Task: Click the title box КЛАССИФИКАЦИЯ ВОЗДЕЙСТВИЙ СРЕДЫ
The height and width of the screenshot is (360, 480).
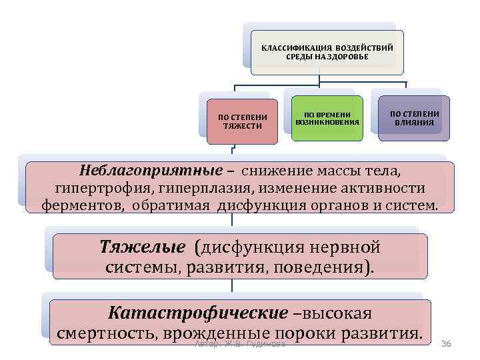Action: (x=327, y=52)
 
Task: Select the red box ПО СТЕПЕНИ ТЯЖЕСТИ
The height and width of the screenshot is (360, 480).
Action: (x=242, y=121)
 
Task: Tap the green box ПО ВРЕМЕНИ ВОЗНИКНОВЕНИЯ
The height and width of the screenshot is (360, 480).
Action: (x=327, y=118)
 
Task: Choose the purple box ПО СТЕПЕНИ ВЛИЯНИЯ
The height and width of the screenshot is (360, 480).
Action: (x=414, y=118)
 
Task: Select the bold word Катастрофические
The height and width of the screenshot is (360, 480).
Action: (x=198, y=313)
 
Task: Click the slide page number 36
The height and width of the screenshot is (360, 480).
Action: (x=447, y=343)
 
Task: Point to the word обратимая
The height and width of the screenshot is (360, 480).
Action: (x=172, y=204)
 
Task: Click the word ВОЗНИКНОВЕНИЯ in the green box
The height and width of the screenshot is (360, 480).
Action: (x=327, y=123)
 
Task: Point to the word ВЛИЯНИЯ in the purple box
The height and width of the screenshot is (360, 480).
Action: (x=414, y=123)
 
